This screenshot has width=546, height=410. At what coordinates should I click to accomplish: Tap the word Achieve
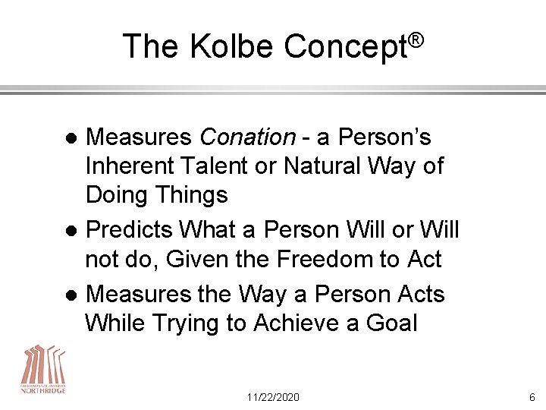(303, 323)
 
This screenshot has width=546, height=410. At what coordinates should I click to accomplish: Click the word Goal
(390, 323)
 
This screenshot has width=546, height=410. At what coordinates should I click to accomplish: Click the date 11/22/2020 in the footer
(273, 396)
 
